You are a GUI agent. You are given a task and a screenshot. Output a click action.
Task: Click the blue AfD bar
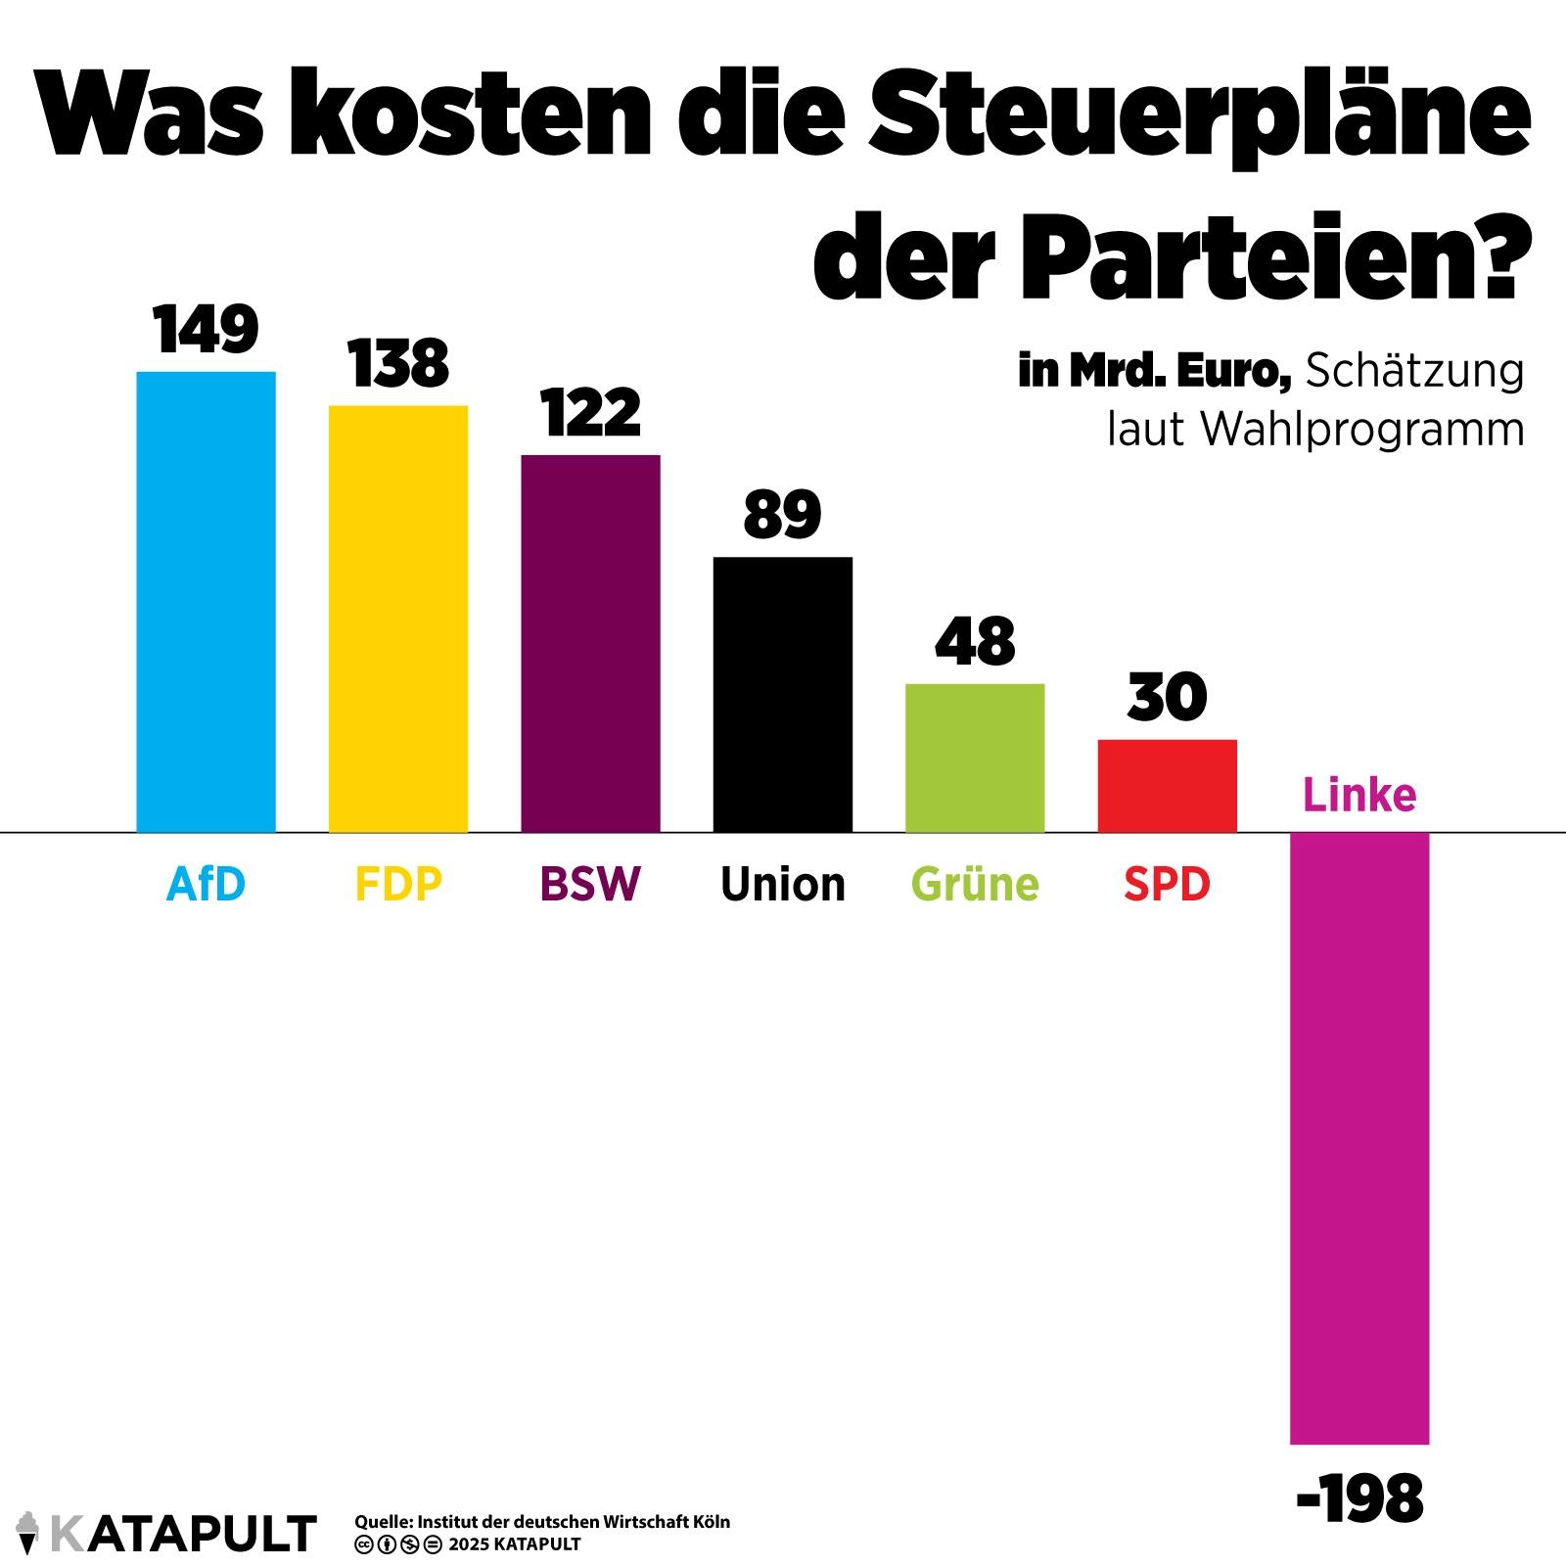[x=206, y=602]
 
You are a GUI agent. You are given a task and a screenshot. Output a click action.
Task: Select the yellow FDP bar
[x=398, y=619]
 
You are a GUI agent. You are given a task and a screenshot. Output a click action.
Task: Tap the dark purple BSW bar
[x=590, y=643]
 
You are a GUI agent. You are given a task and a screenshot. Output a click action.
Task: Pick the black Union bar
[x=782, y=694]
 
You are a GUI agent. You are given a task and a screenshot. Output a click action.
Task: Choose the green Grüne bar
[x=975, y=758]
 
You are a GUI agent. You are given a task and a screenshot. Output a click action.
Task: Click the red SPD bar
[x=1167, y=785]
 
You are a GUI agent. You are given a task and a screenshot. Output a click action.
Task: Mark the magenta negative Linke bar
[x=1359, y=1138]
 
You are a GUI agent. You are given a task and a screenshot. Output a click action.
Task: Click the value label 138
[x=398, y=364]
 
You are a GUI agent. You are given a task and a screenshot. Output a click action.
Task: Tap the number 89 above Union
[x=782, y=515]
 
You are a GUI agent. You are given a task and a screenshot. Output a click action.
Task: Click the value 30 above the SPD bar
[x=1167, y=698]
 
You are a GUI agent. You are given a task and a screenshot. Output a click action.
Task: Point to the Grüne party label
[x=975, y=884]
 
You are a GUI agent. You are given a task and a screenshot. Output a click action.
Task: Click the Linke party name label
[x=1359, y=795]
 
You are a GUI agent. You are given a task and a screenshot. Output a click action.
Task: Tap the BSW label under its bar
[x=590, y=884]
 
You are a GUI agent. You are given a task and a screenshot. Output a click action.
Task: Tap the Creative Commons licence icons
[x=398, y=1544]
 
